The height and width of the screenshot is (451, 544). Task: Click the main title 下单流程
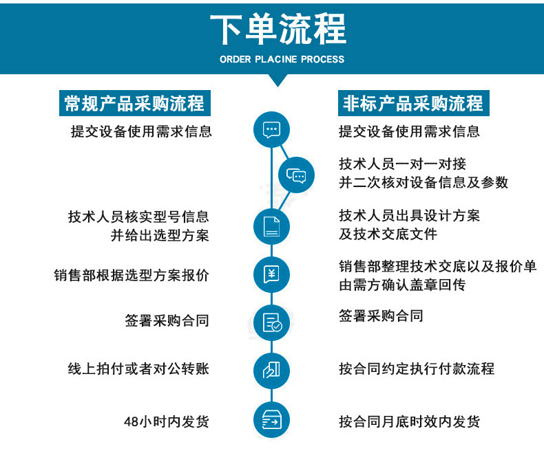coord(278,29)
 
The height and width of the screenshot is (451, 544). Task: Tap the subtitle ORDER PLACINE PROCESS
coord(282,59)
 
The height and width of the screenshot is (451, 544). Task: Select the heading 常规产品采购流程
coord(134,103)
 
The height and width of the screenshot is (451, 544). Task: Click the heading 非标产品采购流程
coord(414,103)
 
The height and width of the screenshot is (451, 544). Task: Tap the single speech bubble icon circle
coord(271,129)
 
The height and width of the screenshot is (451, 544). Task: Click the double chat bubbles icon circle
coord(296,175)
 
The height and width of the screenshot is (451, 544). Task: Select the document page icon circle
coord(271,227)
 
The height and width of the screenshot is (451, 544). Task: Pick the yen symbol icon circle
coord(271,275)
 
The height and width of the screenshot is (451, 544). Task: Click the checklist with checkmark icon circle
coord(271,323)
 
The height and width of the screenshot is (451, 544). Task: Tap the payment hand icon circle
coord(271,371)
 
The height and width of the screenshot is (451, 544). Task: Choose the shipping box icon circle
coord(271,420)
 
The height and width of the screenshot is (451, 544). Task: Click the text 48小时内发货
coord(167,421)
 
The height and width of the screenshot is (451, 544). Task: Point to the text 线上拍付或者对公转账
coord(138,368)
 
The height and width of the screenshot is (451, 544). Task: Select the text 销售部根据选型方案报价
coord(132,276)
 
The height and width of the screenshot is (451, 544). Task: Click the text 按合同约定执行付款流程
coord(417,368)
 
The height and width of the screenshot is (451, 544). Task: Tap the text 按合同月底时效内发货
coord(410,421)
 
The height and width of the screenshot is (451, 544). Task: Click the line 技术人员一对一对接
coord(402,164)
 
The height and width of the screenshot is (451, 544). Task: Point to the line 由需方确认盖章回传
coord(402,285)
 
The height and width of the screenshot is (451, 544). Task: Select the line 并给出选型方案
coord(160,236)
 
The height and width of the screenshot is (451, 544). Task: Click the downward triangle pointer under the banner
coord(278,80)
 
